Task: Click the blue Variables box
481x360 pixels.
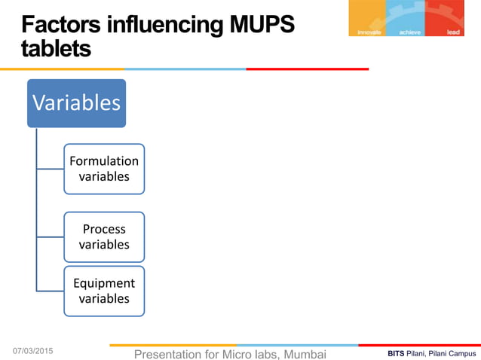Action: [76, 102]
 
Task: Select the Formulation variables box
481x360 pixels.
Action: [104, 169]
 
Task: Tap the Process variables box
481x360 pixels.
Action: [104, 236]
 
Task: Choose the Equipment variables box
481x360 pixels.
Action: [104, 291]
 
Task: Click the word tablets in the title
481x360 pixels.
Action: [57, 49]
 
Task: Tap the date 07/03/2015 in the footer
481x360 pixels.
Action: [38, 351]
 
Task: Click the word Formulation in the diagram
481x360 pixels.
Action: [104, 161]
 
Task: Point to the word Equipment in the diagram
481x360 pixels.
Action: [104, 283]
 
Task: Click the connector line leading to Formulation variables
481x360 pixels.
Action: [50, 169]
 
